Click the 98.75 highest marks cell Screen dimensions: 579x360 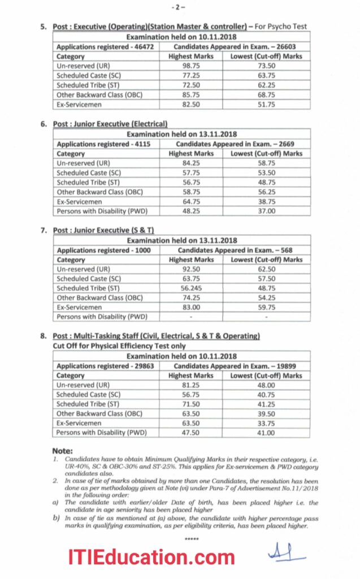click(x=191, y=66)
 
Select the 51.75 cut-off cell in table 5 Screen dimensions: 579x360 click(x=266, y=105)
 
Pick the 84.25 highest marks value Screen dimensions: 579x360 click(x=191, y=163)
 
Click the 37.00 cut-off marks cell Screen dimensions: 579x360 click(x=266, y=211)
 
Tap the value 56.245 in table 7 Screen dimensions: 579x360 click(x=191, y=288)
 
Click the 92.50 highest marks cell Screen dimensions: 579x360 click(x=191, y=269)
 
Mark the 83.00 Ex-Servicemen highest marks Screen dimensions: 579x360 click(x=191, y=308)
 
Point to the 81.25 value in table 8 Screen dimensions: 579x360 click(x=191, y=385)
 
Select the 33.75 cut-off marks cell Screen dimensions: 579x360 click(x=266, y=423)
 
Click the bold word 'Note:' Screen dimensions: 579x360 click(x=62, y=451)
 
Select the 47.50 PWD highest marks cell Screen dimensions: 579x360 click(x=191, y=433)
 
